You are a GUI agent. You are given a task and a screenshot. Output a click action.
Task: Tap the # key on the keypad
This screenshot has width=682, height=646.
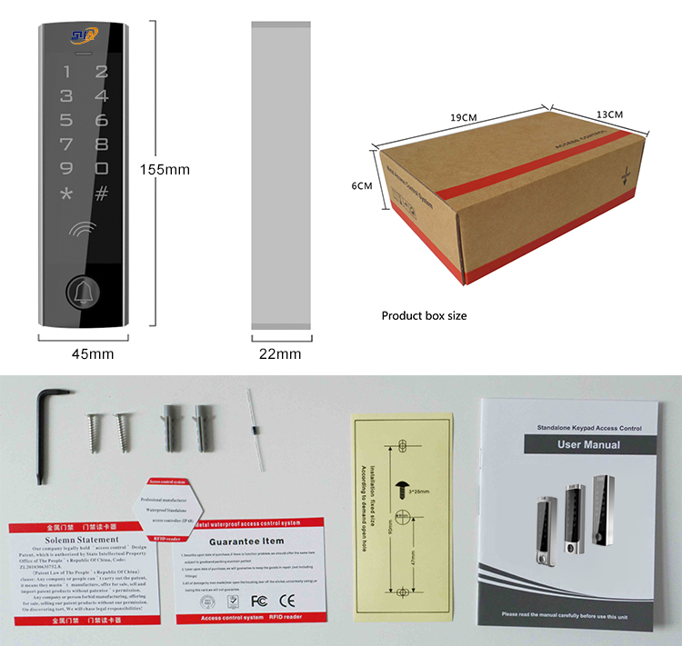point(101,193)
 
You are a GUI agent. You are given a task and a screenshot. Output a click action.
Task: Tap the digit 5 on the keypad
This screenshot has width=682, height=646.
point(65,119)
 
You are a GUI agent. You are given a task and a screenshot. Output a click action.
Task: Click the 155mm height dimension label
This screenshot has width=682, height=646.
point(165,170)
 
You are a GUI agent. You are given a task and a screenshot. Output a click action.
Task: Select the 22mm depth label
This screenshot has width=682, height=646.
point(279,353)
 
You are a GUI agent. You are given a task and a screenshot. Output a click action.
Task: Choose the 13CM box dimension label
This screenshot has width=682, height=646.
point(609,114)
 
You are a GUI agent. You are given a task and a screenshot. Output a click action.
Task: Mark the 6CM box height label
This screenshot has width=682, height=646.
point(362,185)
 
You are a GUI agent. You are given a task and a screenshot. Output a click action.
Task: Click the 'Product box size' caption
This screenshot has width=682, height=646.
point(424,316)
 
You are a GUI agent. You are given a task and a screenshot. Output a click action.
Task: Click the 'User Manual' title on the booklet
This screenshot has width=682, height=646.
point(588,444)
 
